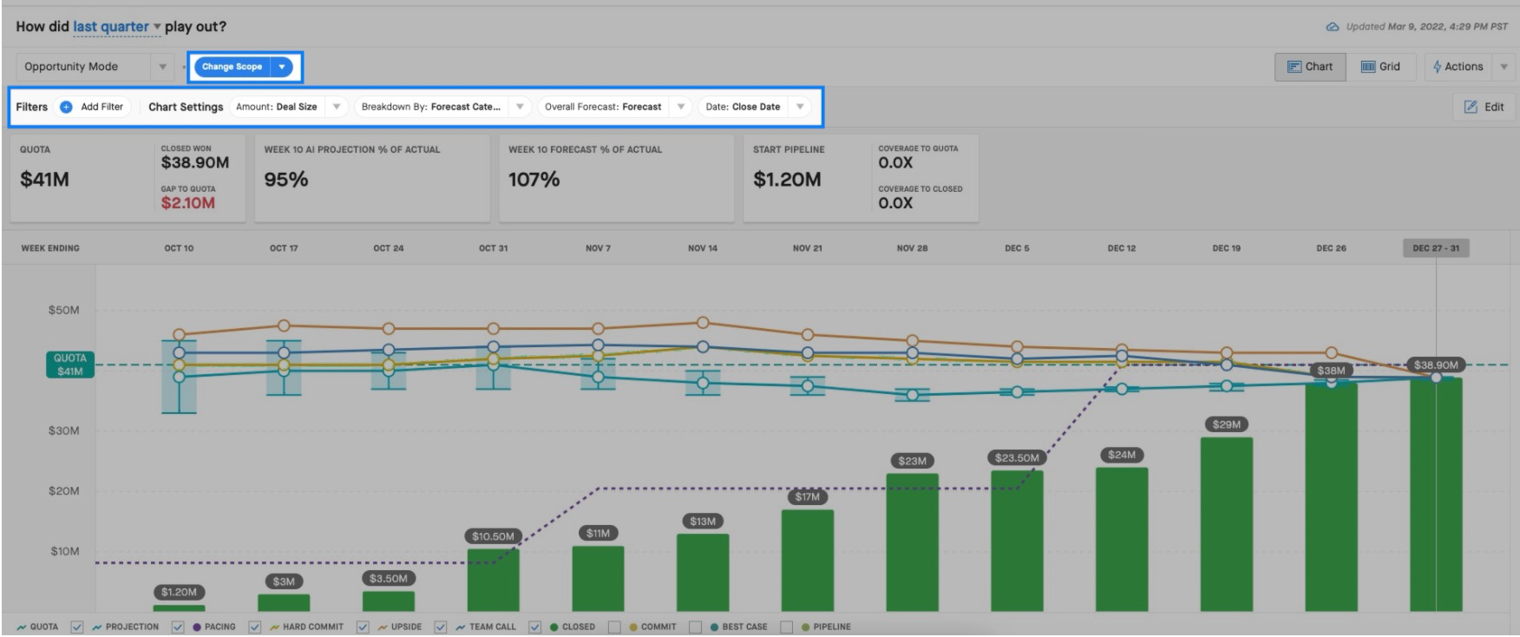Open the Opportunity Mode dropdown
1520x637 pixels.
[95, 67]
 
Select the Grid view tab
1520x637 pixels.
[1380, 67]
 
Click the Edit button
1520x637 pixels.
[1484, 107]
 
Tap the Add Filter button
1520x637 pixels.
[92, 107]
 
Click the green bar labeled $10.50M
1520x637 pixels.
[493, 580]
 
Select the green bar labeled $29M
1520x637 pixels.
[1226, 524]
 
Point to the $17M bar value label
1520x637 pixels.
[807, 497]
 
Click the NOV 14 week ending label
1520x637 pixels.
[703, 248]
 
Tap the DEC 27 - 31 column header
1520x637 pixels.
[1436, 248]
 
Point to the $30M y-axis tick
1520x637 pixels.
[63, 431]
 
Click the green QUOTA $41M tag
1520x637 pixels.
[69, 364]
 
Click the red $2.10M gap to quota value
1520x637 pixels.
[188, 203]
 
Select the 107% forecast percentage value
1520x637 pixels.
[534, 180]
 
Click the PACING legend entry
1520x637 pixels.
[214, 627]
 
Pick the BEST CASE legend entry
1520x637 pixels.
[738, 627]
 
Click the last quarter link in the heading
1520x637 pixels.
[111, 27]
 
